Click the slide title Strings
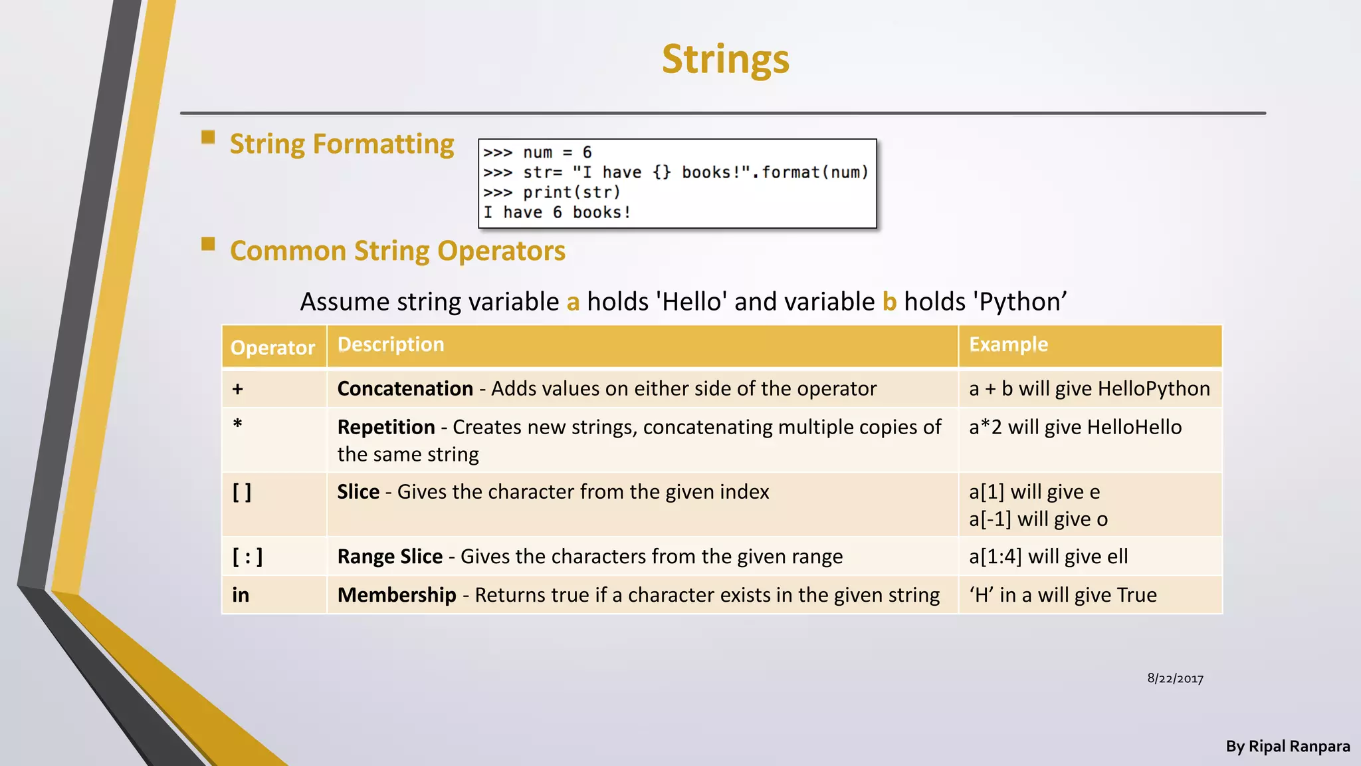725,59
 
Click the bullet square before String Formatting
208,138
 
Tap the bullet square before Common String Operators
208,244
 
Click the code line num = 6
537,153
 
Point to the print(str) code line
552,193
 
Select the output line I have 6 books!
557,213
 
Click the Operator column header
272,347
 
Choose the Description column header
391,344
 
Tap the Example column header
1008,344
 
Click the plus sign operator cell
238,389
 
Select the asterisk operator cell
238,424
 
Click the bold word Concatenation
405,389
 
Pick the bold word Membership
397,595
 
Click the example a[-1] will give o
1038,519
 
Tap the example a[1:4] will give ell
1048,557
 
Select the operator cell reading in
241,595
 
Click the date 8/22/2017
1175,679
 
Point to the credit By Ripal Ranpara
1287,747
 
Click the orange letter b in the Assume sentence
889,302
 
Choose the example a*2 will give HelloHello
1075,427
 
